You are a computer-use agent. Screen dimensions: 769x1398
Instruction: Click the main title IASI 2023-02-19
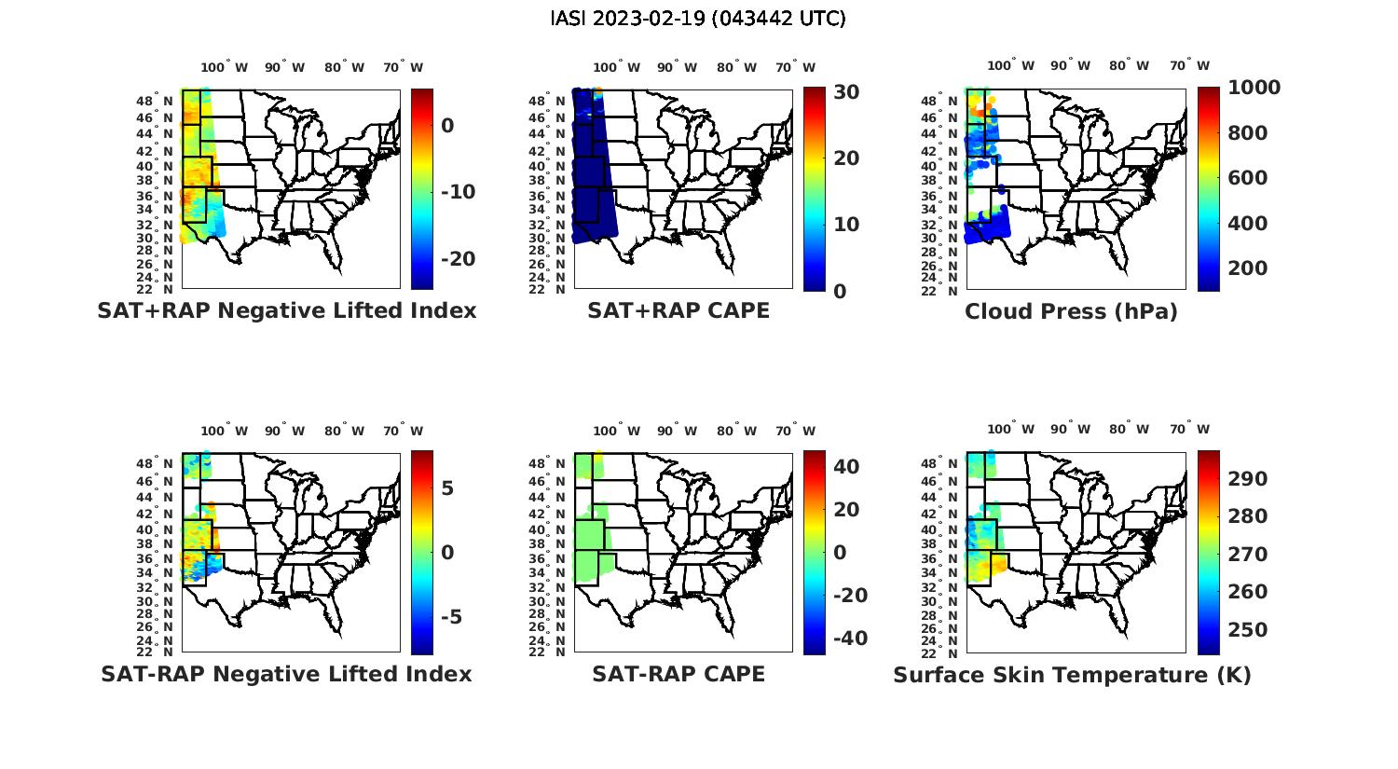(x=698, y=19)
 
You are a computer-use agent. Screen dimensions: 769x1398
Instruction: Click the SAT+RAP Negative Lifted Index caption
(x=287, y=310)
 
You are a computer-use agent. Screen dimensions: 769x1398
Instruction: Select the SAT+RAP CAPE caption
(x=678, y=310)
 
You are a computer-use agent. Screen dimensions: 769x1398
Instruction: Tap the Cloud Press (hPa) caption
(x=1071, y=311)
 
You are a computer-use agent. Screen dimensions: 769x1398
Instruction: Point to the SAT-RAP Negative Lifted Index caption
(x=287, y=674)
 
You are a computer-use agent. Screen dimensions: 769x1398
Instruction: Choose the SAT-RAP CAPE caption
(x=678, y=674)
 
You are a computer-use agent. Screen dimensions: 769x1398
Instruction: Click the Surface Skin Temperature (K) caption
(x=1072, y=675)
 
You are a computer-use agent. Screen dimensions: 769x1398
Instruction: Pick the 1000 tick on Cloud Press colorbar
(x=1254, y=88)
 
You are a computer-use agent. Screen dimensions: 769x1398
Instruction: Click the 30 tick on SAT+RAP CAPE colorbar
(x=846, y=91)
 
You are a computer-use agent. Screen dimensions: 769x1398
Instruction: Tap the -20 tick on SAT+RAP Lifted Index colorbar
(x=458, y=258)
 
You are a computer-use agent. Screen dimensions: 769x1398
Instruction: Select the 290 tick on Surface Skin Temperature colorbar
(x=1247, y=479)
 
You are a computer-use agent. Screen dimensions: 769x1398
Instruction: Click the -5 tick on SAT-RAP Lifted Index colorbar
(x=451, y=617)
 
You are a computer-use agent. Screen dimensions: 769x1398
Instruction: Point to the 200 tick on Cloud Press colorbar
(x=1247, y=268)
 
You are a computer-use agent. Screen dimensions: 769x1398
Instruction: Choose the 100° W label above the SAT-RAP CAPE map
(x=615, y=431)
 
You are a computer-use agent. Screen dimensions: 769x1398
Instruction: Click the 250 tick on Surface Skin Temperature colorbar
(x=1247, y=630)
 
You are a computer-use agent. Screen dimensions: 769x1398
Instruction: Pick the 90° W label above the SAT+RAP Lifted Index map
(x=284, y=67)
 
